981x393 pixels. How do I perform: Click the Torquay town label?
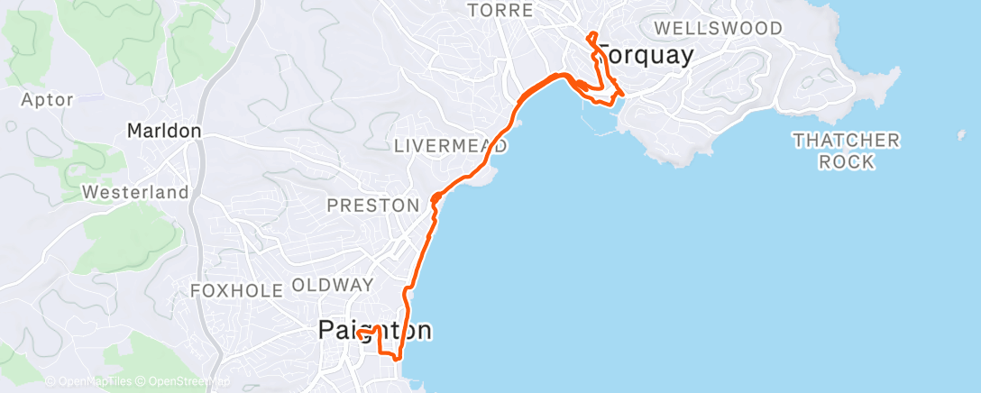646,56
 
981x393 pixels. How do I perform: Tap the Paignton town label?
374,331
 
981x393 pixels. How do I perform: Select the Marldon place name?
163,131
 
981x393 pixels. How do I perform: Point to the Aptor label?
47,99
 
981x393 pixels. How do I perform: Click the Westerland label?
135,192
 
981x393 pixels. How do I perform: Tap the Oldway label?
333,285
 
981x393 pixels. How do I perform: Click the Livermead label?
451,145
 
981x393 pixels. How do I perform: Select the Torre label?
501,11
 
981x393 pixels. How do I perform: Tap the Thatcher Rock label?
847,151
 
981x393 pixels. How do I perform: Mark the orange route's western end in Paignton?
359,333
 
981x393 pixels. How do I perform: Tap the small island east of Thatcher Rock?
959,136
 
